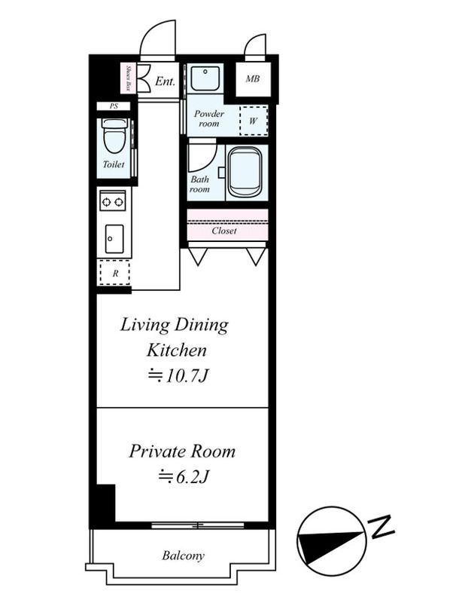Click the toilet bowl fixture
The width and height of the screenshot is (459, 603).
[114, 136]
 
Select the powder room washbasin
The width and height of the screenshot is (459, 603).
[205, 78]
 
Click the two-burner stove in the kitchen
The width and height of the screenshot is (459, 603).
[113, 200]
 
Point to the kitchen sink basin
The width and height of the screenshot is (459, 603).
[114, 239]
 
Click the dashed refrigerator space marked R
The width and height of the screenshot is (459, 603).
[114, 273]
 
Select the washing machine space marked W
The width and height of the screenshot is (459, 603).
[254, 121]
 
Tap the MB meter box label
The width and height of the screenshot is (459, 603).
[253, 79]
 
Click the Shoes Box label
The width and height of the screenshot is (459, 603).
[129, 78]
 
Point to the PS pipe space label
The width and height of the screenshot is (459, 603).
[114, 106]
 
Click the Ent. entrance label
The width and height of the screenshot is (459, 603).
[165, 81]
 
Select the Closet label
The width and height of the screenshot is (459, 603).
[224, 231]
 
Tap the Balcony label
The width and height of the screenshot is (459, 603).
[183, 556]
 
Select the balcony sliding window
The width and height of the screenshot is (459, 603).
[198, 525]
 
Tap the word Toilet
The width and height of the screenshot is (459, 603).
[114, 164]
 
